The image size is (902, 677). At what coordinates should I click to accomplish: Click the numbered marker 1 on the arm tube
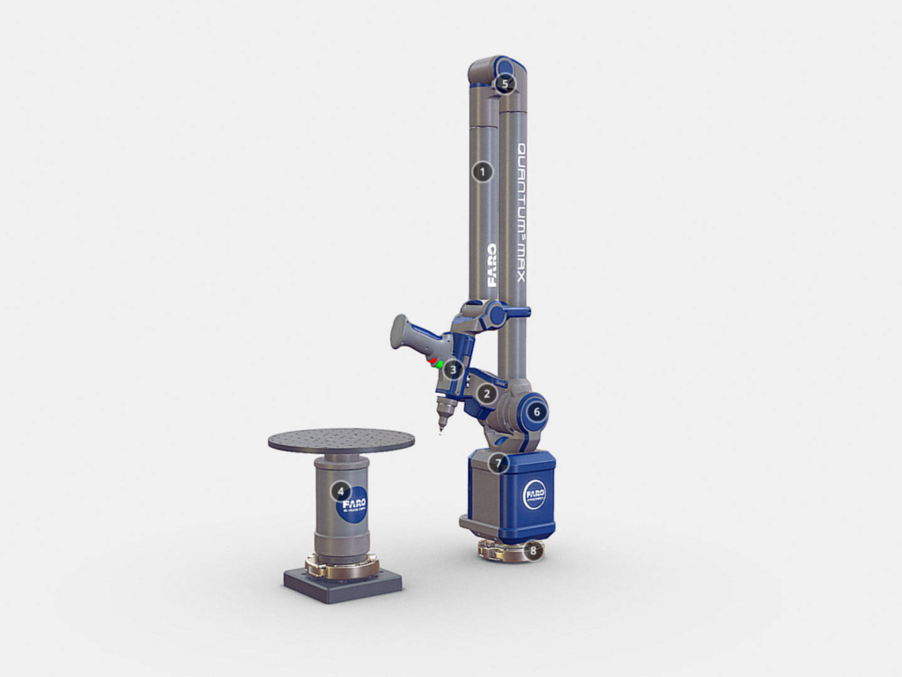481,172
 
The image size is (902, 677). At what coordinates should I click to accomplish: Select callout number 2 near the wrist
486,394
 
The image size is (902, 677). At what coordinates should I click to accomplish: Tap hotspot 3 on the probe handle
452,369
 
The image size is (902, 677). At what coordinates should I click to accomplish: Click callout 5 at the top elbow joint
504,84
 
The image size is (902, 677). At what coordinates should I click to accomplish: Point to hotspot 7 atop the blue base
499,462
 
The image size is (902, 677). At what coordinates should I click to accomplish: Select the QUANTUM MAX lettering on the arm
520,212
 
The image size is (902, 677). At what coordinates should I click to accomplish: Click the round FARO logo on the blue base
535,494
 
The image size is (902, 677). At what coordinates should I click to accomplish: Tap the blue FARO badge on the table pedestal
353,503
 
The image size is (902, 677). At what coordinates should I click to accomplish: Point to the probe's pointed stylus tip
441,428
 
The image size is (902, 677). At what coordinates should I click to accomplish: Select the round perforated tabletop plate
341,441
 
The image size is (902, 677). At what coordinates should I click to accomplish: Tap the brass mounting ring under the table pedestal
342,567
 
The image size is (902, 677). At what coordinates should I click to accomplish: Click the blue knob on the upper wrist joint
499,313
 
